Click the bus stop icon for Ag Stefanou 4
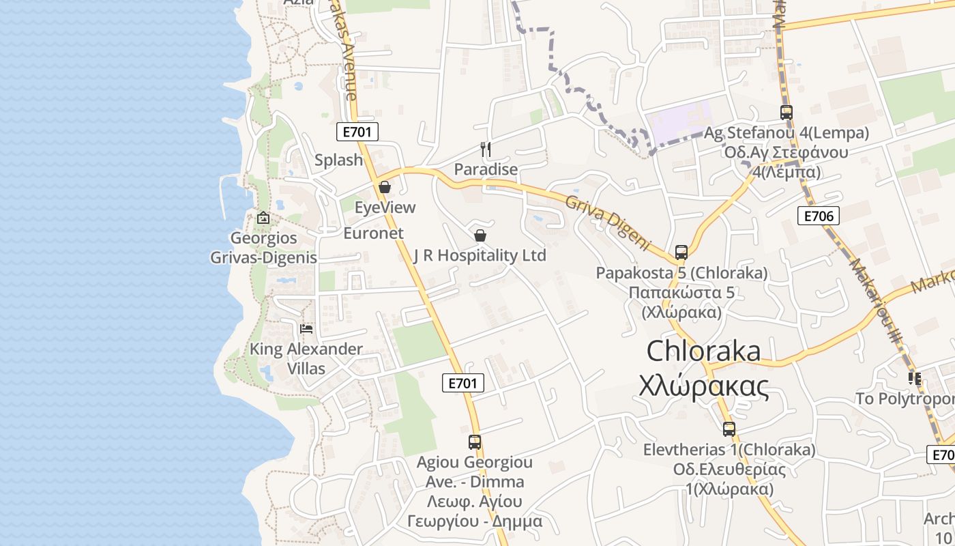[786, 113]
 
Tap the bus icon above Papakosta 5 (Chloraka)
[681, 253]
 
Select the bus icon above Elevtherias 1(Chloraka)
[729, 429]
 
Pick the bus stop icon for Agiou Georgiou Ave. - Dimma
[475, 442]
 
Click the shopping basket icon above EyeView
[385, 187]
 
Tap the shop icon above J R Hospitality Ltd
[480, 235]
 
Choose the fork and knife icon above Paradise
[486, 149]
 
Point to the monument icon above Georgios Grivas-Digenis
[263, 218]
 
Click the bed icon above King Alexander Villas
[306, 329]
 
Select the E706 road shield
[818, 216]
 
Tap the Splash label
[338, 160]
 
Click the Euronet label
[373, 233]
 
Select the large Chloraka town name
[703, 351]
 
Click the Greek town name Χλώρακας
[703, 386]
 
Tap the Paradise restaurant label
[486, 169]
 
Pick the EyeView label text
[385, 207]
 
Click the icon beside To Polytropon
[914, 378]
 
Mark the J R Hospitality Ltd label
[480, 255]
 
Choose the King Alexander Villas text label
[306, 359]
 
